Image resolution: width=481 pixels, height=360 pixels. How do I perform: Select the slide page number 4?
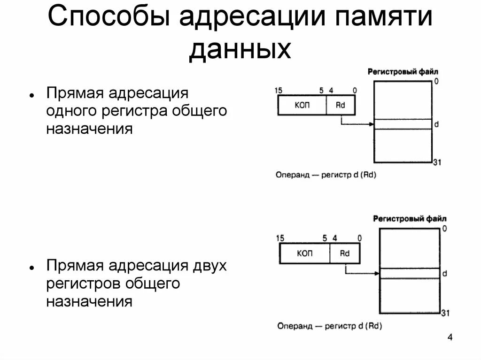click(450, 338)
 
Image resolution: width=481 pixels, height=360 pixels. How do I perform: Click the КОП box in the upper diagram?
click(302, 105)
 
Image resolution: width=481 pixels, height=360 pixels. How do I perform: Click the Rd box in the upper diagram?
click(341, 105)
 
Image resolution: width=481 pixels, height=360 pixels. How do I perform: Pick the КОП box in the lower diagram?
click(304, 253)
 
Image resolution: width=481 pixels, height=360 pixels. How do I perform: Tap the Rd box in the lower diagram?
click(345, 253)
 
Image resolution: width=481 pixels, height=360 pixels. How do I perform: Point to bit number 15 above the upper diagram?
click(278, 90)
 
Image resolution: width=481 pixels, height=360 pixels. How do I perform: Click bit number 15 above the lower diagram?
click(280, 238)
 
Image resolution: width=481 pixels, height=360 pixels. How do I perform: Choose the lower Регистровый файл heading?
click(410, 218)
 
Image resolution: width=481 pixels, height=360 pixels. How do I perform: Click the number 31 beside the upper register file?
click(437, 162)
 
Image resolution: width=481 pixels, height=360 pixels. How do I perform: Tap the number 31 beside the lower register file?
click(445, 313)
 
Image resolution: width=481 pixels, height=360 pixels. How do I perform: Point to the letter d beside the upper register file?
click(436, 124)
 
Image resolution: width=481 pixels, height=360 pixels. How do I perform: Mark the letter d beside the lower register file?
click(444, 273)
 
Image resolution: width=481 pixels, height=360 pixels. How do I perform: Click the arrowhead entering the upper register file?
click(371, 124)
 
